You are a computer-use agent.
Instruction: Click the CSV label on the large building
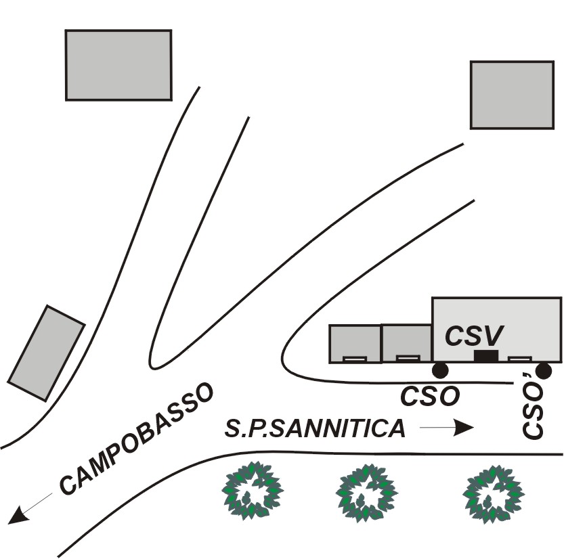tap(474, 336)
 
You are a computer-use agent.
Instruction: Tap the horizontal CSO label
tap(430, 397)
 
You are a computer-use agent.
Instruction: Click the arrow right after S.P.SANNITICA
tap(446, 428)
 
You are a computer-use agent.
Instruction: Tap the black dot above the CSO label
tap(439, 370)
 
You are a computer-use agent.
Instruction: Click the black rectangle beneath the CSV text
tap(486, 356)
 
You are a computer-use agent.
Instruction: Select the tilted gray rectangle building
tap(46, 353)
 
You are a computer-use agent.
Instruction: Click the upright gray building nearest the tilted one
tap(118, 65)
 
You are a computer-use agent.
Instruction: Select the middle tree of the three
tap(366, 491)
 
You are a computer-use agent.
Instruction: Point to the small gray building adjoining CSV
tap(407, 342)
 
